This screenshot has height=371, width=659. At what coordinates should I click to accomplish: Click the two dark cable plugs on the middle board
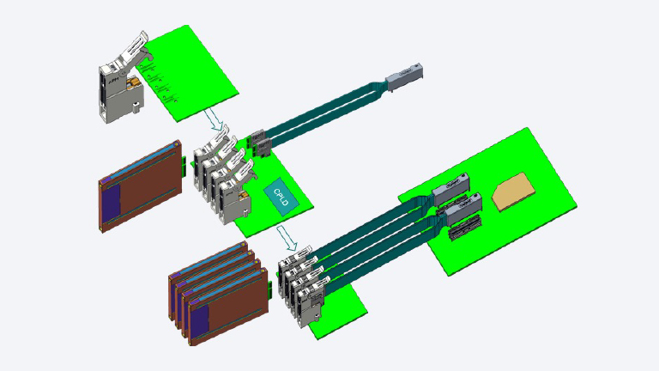(x=258, y=143)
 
